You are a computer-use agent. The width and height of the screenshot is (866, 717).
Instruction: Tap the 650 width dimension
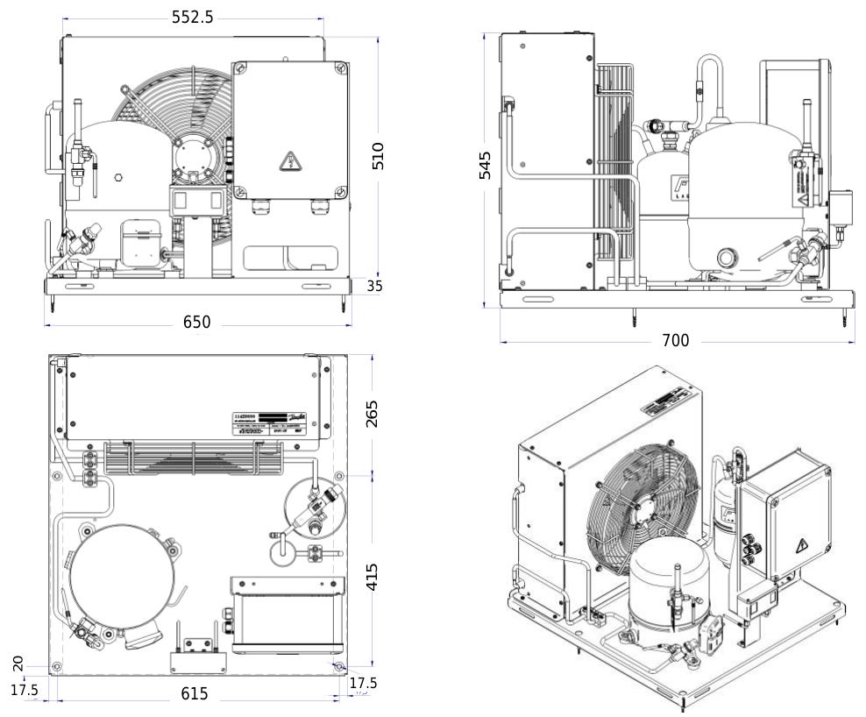pyautogui.click(x=196, y=323)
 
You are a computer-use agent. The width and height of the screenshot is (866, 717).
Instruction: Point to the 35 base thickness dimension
pyautogui.click(x=374, y=285)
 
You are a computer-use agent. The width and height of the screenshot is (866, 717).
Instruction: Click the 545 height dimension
pyautogui.click(x=485, y=165)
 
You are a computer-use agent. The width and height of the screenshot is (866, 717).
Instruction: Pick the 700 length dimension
pyautogui.click(x=675, y=340)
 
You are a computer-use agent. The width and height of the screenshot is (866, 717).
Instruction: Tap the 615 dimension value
pyautogui.click(x=195, y=693)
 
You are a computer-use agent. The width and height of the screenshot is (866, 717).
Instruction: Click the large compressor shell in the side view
pyautogui.click(x=745, y=202)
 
